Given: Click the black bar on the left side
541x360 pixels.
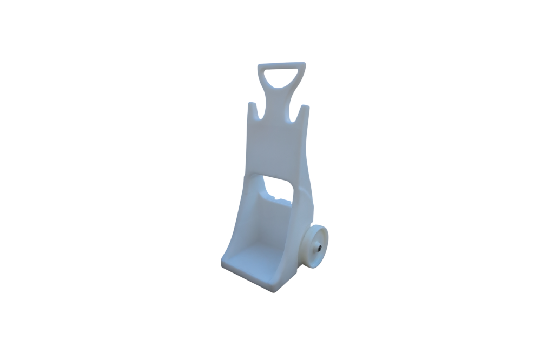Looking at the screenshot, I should pyautogui.click(x=67, y=180).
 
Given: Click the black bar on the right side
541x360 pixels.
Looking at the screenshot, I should pyautogui.click(x=473, y=180).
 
